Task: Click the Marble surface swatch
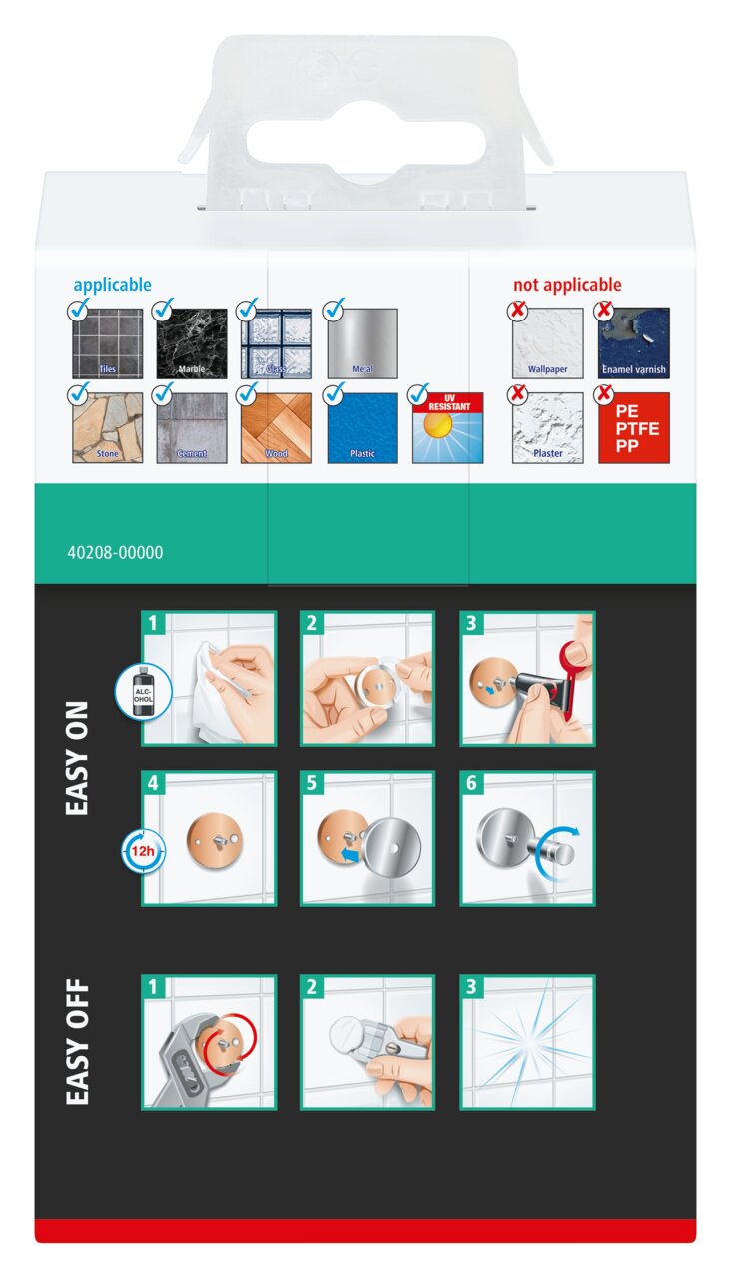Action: tap(192, 343)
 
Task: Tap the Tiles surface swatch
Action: tap(107, 343)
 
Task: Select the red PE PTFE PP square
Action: tap(634, 428)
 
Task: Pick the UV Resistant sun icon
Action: tap(448, 428)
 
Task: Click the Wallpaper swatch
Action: tap(548, 343)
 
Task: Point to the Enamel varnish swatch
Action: tap(634, 343)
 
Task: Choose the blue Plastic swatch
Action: tap(363, 428)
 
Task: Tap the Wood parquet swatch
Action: tap(277, 428)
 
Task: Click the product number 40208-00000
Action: tap(115, 552)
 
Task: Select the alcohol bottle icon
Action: tap(143, 692)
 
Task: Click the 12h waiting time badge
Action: tap(143, 851)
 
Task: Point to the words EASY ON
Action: tap(77, 758)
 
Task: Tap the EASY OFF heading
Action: tap(77, 1042)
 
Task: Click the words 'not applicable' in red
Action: tap(567, 285)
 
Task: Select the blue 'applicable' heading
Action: tap(113, 285)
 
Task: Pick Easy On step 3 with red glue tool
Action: tap(528, 678)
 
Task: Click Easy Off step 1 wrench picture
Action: tap(209, 1042)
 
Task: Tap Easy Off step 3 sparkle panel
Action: tap(528, 1042)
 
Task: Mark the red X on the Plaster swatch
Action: tap(517, 393)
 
